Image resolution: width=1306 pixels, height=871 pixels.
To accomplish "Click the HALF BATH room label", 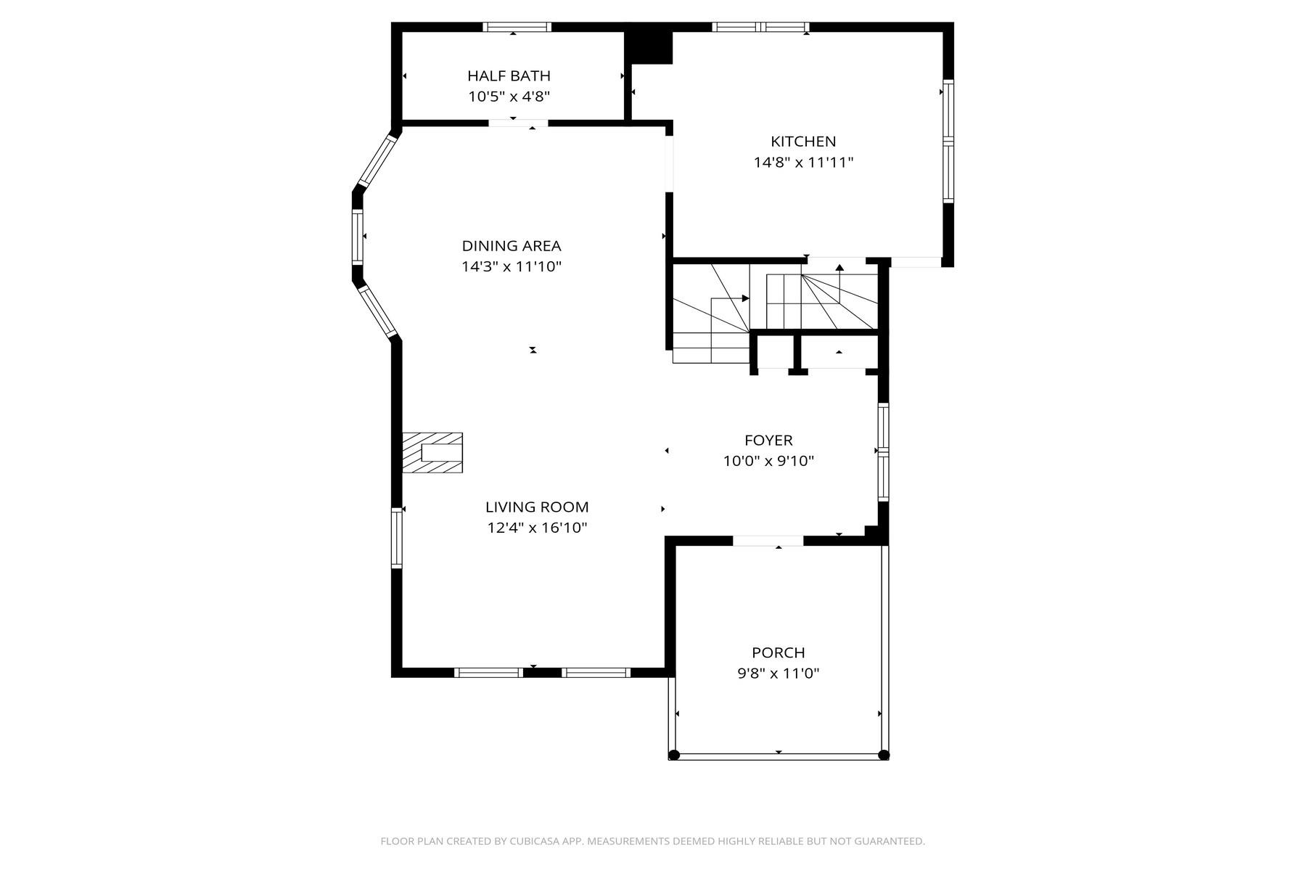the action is [509, 75].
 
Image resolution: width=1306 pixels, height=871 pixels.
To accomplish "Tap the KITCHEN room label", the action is [803, 142].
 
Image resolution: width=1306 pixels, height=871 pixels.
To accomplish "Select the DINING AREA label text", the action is [512, 246].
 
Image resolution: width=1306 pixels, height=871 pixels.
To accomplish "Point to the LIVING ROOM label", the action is [537, 507].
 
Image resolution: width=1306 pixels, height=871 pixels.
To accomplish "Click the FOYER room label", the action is [768, 441].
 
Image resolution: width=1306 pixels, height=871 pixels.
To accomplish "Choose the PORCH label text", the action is [779, 653].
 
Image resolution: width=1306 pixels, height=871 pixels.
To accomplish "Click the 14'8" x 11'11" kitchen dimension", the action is [803, 163].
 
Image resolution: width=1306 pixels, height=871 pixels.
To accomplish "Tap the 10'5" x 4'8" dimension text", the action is [509, 97].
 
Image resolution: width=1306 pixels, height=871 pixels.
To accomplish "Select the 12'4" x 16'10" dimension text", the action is [537, 528].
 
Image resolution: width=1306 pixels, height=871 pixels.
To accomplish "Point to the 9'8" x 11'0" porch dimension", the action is [779, 674].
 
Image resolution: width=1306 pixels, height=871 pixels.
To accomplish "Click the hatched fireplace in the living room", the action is [432, 453].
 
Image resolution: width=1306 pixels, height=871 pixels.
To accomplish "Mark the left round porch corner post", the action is [674, 755].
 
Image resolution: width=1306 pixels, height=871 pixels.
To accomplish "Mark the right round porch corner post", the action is [884, 755].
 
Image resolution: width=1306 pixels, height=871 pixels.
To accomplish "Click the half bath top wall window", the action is [517, 28].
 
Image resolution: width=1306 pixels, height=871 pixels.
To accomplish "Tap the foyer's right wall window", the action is [883, 452].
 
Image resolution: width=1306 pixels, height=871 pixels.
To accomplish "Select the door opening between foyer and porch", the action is [768, 541].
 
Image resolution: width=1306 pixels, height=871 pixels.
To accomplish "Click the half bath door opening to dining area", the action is [518, 123].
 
